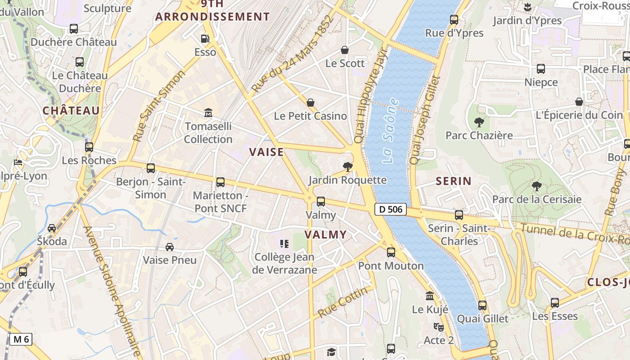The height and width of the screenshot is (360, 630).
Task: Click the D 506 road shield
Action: [x=390, y=209]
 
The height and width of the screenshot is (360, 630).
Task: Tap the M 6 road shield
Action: [x=21, y=339]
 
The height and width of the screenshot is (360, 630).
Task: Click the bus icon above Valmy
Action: [x=321, y=202]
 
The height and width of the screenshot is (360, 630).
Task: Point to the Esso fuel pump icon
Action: [x=205, y=39]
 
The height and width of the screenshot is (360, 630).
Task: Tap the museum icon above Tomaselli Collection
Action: [x=208, y=112]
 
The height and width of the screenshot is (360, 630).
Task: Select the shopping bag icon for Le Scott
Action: [x=345, y=50]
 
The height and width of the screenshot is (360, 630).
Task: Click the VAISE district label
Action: [x=266, y=152]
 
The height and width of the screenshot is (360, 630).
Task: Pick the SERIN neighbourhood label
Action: [x=453, y=181]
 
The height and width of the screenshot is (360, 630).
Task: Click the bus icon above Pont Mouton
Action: [x=391, y=252]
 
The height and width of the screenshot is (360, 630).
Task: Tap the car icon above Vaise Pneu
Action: [x=170, y=247]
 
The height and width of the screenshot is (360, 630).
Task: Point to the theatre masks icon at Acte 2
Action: [x=438, y=327]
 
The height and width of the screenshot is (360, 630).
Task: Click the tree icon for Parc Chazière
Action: [x=479, y=122]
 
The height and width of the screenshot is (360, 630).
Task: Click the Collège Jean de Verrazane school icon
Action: [x=284, y=244]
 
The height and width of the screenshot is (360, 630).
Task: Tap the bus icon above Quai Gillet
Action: [x=482, y=306]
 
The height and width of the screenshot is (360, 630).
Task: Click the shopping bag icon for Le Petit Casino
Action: [x=310, y=103]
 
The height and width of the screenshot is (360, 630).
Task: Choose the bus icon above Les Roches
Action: [x=89, y=147]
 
